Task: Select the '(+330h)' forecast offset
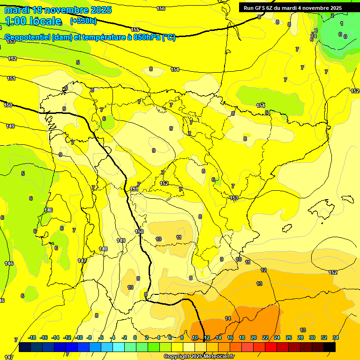83,21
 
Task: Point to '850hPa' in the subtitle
147,37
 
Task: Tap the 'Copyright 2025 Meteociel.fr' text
199,357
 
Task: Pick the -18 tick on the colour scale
32,337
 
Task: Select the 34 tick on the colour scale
336,337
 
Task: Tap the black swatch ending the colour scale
330,347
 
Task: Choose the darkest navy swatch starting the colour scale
25,347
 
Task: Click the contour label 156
161,8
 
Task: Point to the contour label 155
135,30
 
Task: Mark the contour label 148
104,249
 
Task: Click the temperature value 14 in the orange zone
228,318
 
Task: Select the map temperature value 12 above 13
263,270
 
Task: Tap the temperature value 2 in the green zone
332,15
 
